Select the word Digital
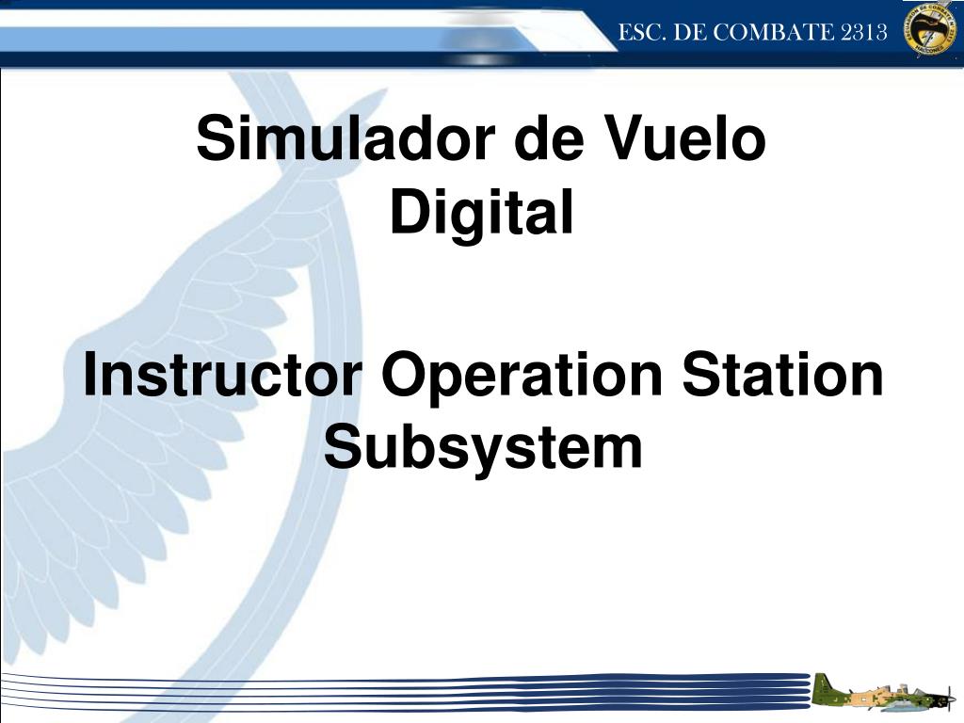(x=482, y=213)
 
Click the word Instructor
(x=223, y=375)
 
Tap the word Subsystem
(x=484, y=448)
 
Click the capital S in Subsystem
(x=344, y=448)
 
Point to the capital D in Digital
(x=410, y=213)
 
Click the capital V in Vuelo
(x=622, y=139)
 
